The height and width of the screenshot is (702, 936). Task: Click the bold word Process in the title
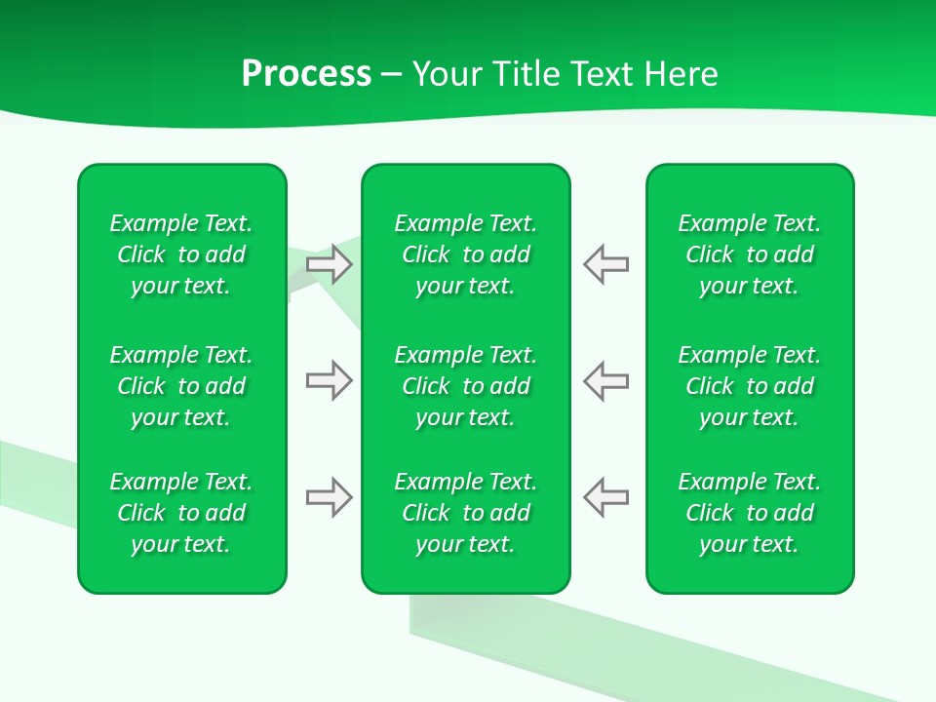coord(306,74)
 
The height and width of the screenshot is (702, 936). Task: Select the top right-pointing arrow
coord(329,263)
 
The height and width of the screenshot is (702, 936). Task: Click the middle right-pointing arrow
coord(329,380)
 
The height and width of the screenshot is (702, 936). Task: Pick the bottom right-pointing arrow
coord(329,498)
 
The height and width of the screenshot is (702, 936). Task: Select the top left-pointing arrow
coord(606,263)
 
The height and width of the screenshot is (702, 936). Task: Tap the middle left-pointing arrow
coord(606,380)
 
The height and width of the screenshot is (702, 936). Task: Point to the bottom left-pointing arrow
coord(606,498)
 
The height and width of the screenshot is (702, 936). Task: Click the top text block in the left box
coord(181,254)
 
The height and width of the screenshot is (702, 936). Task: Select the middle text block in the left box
coord(181,386)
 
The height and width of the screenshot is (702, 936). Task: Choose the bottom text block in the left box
coord(181,513)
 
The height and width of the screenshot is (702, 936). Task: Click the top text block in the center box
coord(466,254)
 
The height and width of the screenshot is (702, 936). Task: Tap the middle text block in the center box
coord(466,386)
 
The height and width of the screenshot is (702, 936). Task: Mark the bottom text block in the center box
coord(466,513)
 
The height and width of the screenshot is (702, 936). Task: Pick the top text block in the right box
coord(750,254)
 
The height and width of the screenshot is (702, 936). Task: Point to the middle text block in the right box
coord(750,386)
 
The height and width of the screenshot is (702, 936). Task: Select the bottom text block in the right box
coord(750,513)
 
